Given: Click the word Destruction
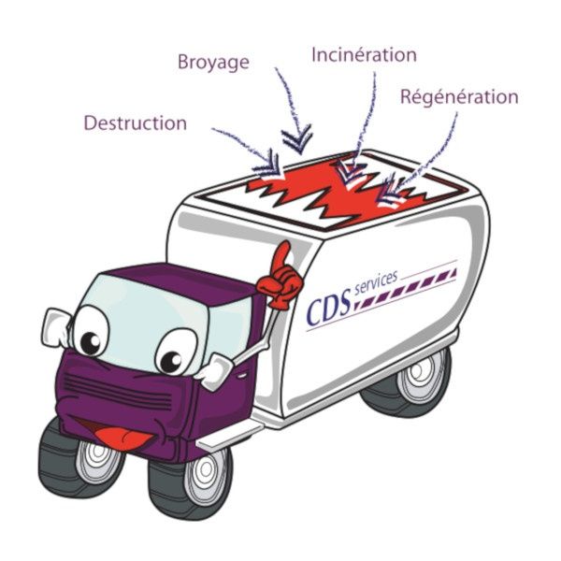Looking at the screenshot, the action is [x=136, y=123].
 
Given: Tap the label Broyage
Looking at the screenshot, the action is [x=213, y=63].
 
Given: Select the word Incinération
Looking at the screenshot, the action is [x=365, y=55].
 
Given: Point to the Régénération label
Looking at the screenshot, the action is [x=459, y=97].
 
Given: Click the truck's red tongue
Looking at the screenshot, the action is [x=124, y=439].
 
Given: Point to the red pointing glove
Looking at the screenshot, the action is [x=281, y=276].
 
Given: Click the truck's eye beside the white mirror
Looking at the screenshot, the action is [x=91, y=331].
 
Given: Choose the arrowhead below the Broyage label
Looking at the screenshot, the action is [x=297, y=139].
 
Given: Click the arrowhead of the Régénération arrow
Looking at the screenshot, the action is [x=388, y=192].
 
